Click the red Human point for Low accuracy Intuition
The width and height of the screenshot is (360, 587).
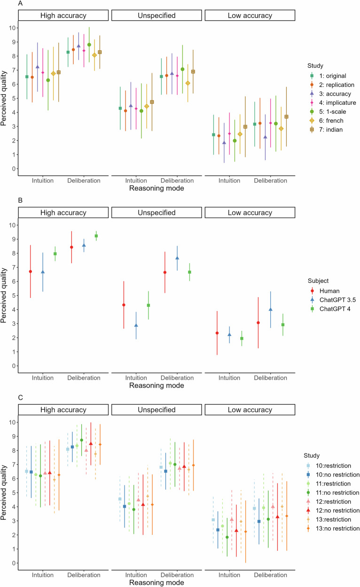[217, 333]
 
